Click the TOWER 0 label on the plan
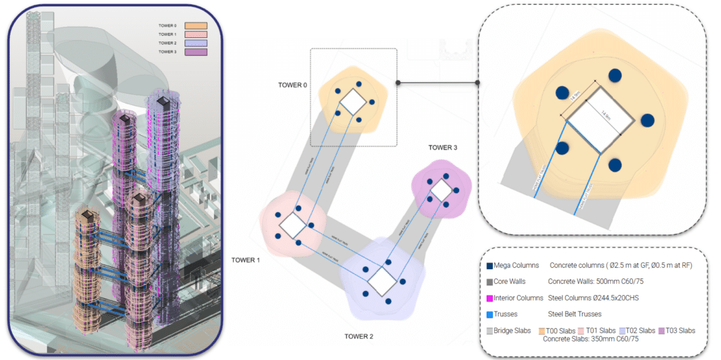292,85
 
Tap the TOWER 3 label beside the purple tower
443,147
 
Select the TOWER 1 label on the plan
246,260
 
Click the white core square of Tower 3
441,191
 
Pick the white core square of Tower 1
292,225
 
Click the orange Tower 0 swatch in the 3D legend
194,26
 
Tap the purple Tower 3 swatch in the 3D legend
194,51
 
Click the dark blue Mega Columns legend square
489,266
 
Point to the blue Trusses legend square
489,314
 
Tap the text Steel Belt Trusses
575,314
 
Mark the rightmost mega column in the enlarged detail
648,121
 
